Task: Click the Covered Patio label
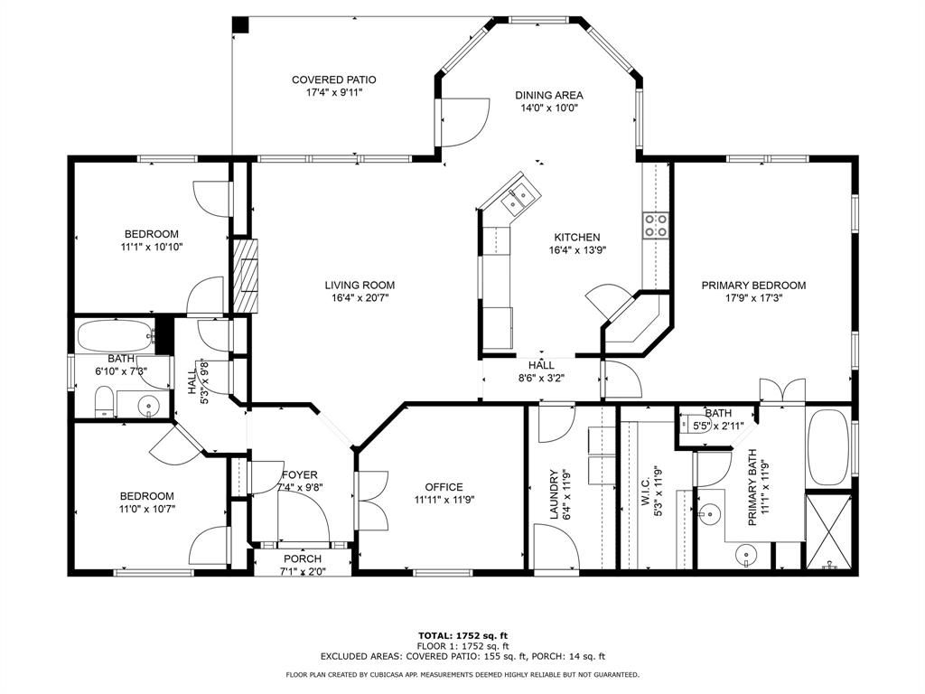[x=334, y=80]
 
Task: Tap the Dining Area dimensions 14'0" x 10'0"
[x=548, y=108]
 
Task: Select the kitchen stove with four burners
[x=656, y=225]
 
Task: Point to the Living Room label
[x=360, y=285]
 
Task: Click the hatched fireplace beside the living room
[x=246, y=275]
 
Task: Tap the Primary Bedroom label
[x=753, y=285]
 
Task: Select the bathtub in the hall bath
[x=117, y=336]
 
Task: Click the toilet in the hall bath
[x=105, y=401]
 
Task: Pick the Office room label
[x=444, y=487]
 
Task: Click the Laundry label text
[x=554, y=494]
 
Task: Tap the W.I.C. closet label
[x=644, y=483]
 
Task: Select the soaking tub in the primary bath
[x=827, y=446]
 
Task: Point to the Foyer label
[x=300, y=474]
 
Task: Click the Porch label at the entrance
[x=303, y=558]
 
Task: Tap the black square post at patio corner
[x=240, y=24]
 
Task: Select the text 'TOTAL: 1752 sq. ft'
[x=463, y=635]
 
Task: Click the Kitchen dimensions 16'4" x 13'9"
[x=577, y=249]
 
